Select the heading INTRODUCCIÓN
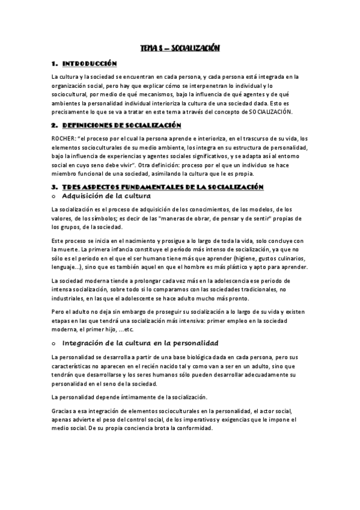pos(91,64)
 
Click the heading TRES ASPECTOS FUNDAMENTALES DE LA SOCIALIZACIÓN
pos(163,188)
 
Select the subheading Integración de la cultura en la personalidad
pos(135,342)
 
